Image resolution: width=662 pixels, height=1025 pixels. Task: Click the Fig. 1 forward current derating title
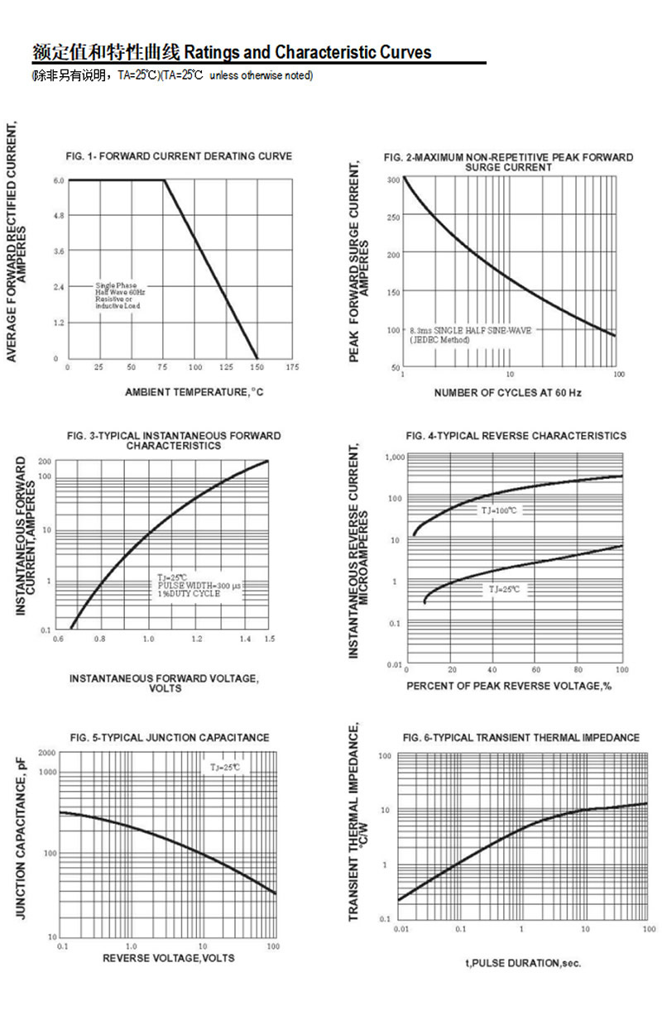(x=179, y=156)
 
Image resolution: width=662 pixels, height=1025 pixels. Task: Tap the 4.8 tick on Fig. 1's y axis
(x=59, y=216)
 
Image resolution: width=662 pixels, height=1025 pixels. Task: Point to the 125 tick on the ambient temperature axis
(x=225, y=366)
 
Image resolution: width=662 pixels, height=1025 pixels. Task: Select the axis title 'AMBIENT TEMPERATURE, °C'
(x=194, y=391)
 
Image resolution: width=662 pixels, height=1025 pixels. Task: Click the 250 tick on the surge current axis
(x=394, y=218)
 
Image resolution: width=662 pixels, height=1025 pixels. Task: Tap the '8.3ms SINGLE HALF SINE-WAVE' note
(x=471, y=330)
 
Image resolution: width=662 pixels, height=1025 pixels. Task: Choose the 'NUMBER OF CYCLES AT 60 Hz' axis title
(x=507, y=392)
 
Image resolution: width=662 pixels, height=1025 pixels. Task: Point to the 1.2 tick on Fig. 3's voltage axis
(x=197, y=639)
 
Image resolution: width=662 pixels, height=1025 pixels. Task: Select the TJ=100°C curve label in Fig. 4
(x=499, y=510)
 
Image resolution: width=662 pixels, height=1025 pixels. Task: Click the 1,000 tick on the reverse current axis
(x=394, y=457)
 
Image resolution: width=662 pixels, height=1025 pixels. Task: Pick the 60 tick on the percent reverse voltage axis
(x=535, y=669)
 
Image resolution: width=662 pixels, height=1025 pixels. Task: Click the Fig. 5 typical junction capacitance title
(x=169, y=737)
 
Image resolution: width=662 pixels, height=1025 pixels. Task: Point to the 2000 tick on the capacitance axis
(x=46, y=754)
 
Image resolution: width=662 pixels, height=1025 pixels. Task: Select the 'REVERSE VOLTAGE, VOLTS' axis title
(x=168, y=958)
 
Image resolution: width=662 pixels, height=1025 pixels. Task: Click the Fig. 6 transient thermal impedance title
(x=521, y=737)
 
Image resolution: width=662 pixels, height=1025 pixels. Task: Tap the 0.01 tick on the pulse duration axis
(x=401, y=930)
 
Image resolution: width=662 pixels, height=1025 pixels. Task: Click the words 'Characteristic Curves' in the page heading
(x=353, y=53)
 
